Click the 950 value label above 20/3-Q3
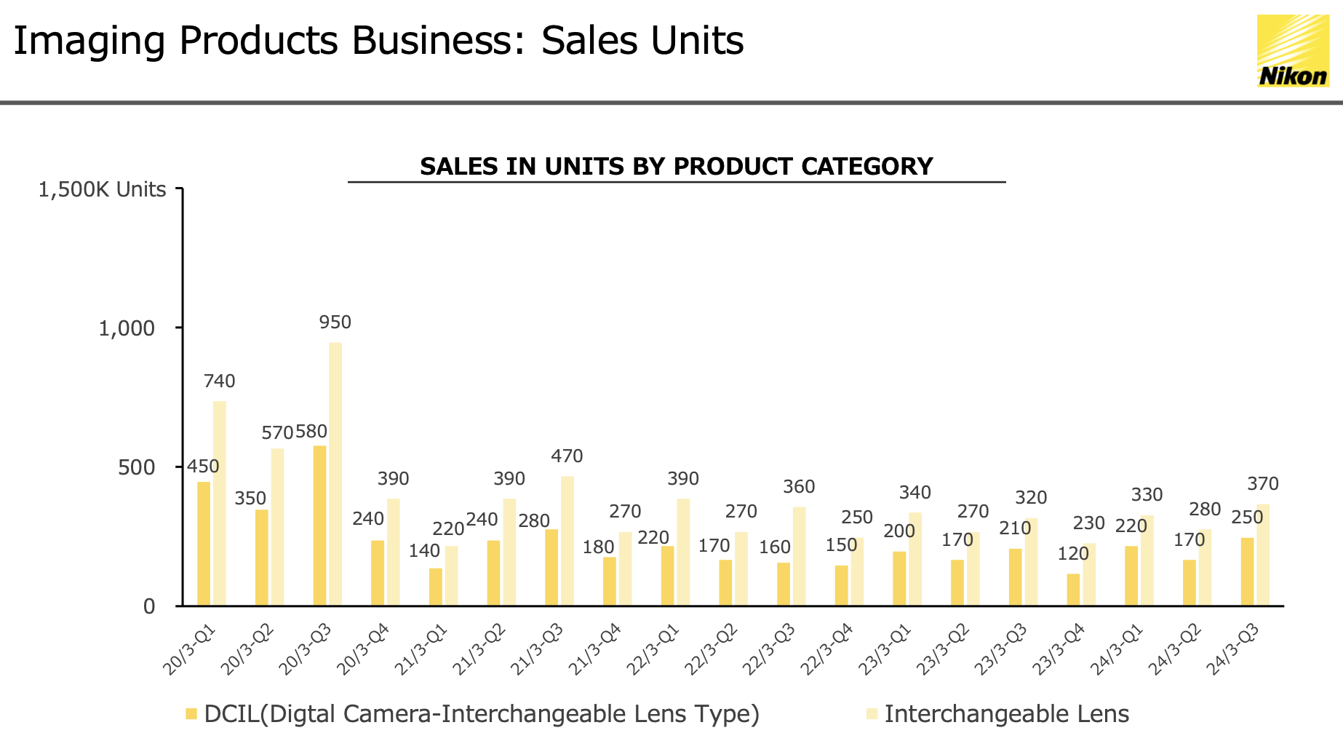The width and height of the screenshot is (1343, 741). coord(335,322)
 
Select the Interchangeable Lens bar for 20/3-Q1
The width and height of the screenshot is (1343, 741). coord(219,502)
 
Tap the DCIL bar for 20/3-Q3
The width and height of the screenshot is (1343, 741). coord(319,525)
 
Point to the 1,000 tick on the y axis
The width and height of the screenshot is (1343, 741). coord(127,328)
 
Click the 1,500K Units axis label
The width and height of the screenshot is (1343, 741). coord(102,190)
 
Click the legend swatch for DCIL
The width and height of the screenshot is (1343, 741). coord(191,713)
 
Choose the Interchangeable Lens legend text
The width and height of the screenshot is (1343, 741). coord(1006,713)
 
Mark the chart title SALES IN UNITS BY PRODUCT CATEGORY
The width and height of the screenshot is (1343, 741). coord(676,166)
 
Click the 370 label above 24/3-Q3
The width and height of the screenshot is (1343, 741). coord(1262,484)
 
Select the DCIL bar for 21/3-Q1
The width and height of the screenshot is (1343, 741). coord(435,587)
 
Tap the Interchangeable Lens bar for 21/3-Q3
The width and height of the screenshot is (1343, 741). coord(567,541)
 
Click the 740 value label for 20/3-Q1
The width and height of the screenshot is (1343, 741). coord(219,381)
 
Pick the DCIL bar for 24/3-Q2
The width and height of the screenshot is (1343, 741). coord(1189,582)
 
